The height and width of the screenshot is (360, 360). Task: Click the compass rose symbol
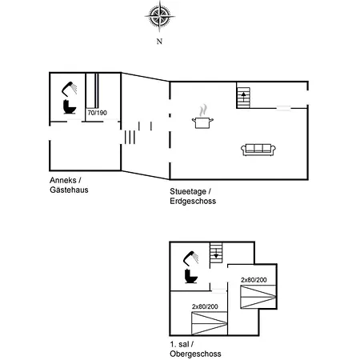click(x=160, y=17)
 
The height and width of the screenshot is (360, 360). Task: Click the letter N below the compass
click(x=159, y=42)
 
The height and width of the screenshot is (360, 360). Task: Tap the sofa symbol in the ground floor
click(x=258, y=150)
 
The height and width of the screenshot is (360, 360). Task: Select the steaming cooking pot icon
click(x=202, y=118)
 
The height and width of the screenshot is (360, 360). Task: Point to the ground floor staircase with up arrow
click(x=243, y=98)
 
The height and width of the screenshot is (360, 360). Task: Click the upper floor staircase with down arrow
click(x=216, y=252)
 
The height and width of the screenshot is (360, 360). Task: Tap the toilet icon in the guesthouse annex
click(x=70, y=106)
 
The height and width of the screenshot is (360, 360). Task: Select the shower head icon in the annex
click(x=70, y=89)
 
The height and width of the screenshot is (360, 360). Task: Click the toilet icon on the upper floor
click(x=191, y=276)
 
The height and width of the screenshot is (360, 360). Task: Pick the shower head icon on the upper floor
click(x=191, y=258)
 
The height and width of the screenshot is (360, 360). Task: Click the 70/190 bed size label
click(x=98, y=113)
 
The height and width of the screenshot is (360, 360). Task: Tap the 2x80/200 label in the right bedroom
click(x=254, y=280)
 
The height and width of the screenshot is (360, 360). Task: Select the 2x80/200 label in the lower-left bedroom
click(x=205, y=306)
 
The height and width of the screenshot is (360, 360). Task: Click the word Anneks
click(x=63, y=180)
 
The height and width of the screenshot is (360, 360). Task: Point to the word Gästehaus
click(x=69, y=190)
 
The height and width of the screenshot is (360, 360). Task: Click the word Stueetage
click(x=188, y=192)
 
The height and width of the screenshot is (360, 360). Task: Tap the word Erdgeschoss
click(x=193, y=201)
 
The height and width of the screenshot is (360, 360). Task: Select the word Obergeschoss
click(x=195, y=354)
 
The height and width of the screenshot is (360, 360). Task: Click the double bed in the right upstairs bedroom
click(x=258, y=297)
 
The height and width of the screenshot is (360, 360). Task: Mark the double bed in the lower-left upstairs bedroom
click(x=210, y=323)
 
